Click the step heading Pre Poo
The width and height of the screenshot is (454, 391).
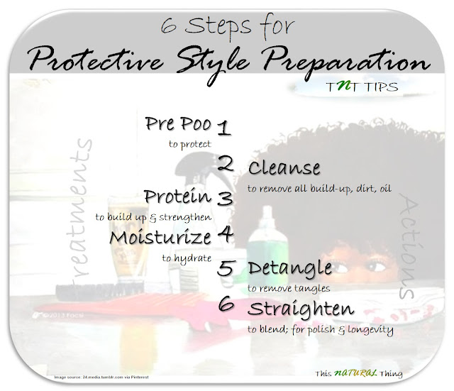[x=178, y=124]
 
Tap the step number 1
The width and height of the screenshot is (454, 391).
[x=224, y=128]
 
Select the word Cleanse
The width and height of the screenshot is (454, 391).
[x=284, y=168]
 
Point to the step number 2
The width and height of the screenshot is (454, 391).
[x=226, y=164]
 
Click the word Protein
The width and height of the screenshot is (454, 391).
[x=178, y=197]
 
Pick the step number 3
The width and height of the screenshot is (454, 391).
[x=226, y=199]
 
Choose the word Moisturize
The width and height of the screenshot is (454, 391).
[x=160, y=238]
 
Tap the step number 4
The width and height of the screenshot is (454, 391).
[x=226, y=234]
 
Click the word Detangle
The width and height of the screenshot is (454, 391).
[x=290, y=268]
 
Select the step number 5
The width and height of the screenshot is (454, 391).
[x=225, y=268]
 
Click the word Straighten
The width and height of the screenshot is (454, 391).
[x=301, y=309]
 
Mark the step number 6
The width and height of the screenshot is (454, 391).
[x=226, y=304]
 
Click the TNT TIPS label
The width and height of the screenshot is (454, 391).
[x=362, y=87]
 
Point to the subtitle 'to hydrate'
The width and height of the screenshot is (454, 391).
[x=187, y=258]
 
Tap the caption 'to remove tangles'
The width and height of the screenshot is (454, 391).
[x=289, y=289]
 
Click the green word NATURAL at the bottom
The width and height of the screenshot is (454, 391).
[x=355, y=373]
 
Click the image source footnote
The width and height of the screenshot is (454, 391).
[x=101, y=377]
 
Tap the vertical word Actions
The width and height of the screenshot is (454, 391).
[x=409, y=247]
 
